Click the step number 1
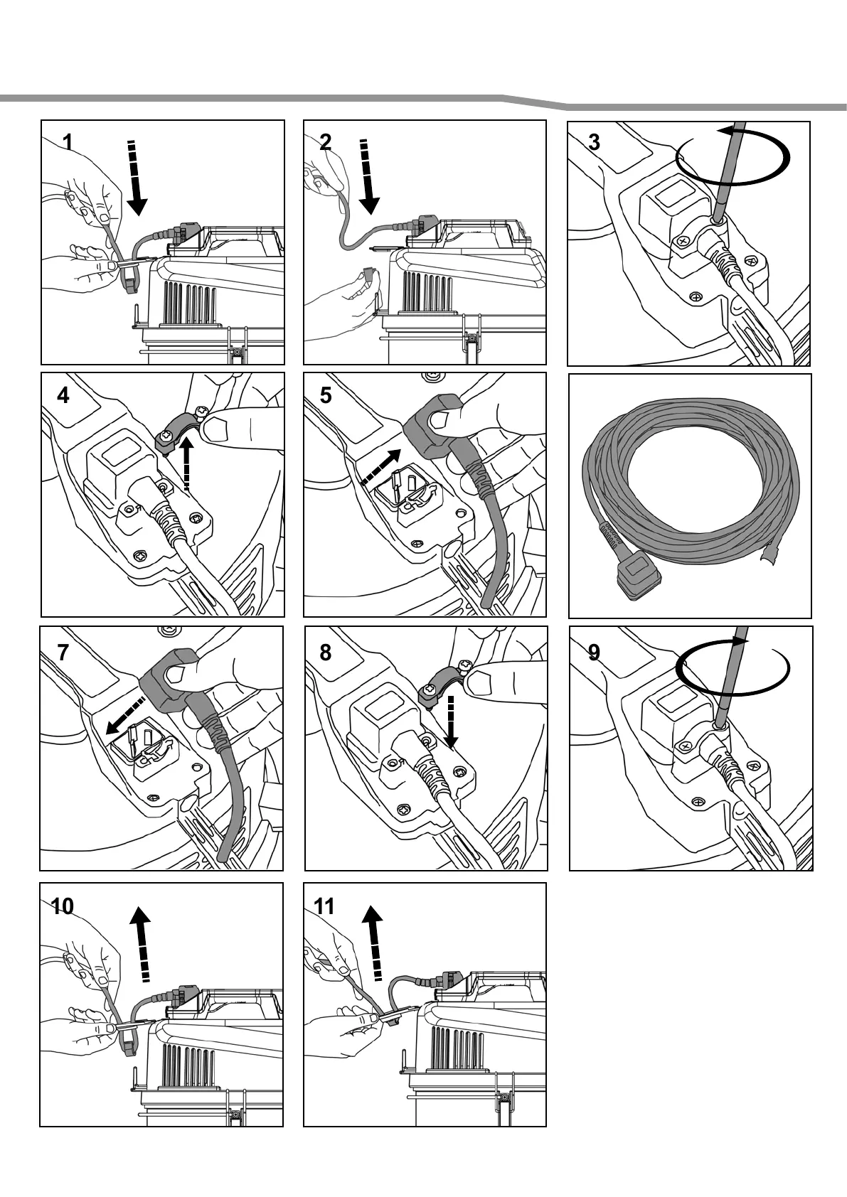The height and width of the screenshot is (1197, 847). [x=67, y=142]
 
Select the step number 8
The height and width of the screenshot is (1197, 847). [x=326, y=653]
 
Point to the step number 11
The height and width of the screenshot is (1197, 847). [x=324, y=906]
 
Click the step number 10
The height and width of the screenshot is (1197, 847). [x=63, y=906]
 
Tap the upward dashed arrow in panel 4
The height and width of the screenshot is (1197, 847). [x=186, y=463]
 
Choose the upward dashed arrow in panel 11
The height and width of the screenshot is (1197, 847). [x=373, y=944]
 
